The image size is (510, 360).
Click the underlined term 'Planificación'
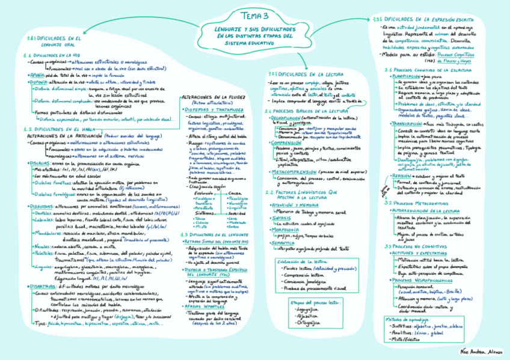(x=407, y=77)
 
